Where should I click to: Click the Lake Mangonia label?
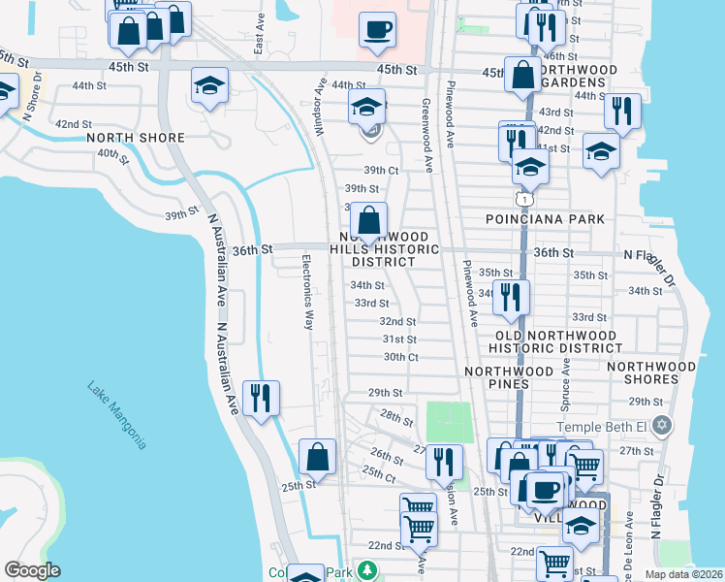pyautogui.click(x=116, y=414)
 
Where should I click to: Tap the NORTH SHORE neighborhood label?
pyautogui.click(x=136, y=138)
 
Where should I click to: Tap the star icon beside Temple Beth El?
pyautogui.click(x=663, y=425)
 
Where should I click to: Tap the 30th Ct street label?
pyautogui.click(x=399, y=357)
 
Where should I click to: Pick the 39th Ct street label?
pyautogui.click(x=381, y=170)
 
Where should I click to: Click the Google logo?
pyautogui.click(x=32, y=570)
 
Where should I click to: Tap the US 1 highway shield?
pyautogui.click(x=523, y=199)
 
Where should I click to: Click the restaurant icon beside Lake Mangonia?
pyautogui.click(x=260, y=399)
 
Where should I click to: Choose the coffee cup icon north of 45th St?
pyautogui.click(x=377, y=30)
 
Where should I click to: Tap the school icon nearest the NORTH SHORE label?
pyautogui.click(x=209, y=86)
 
